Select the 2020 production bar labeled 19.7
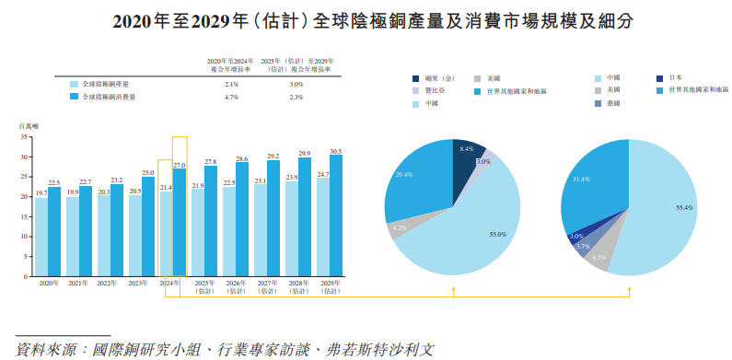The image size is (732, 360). coord(41,236)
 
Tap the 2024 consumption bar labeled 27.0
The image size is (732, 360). coord(180,222)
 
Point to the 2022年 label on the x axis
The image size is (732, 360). coord(107,283)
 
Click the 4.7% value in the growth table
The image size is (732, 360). coord(231,97)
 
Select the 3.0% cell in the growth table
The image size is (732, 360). coord(296,84)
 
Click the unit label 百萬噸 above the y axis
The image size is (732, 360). coord(29,125)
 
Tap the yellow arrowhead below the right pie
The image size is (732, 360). coord(630,287)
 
